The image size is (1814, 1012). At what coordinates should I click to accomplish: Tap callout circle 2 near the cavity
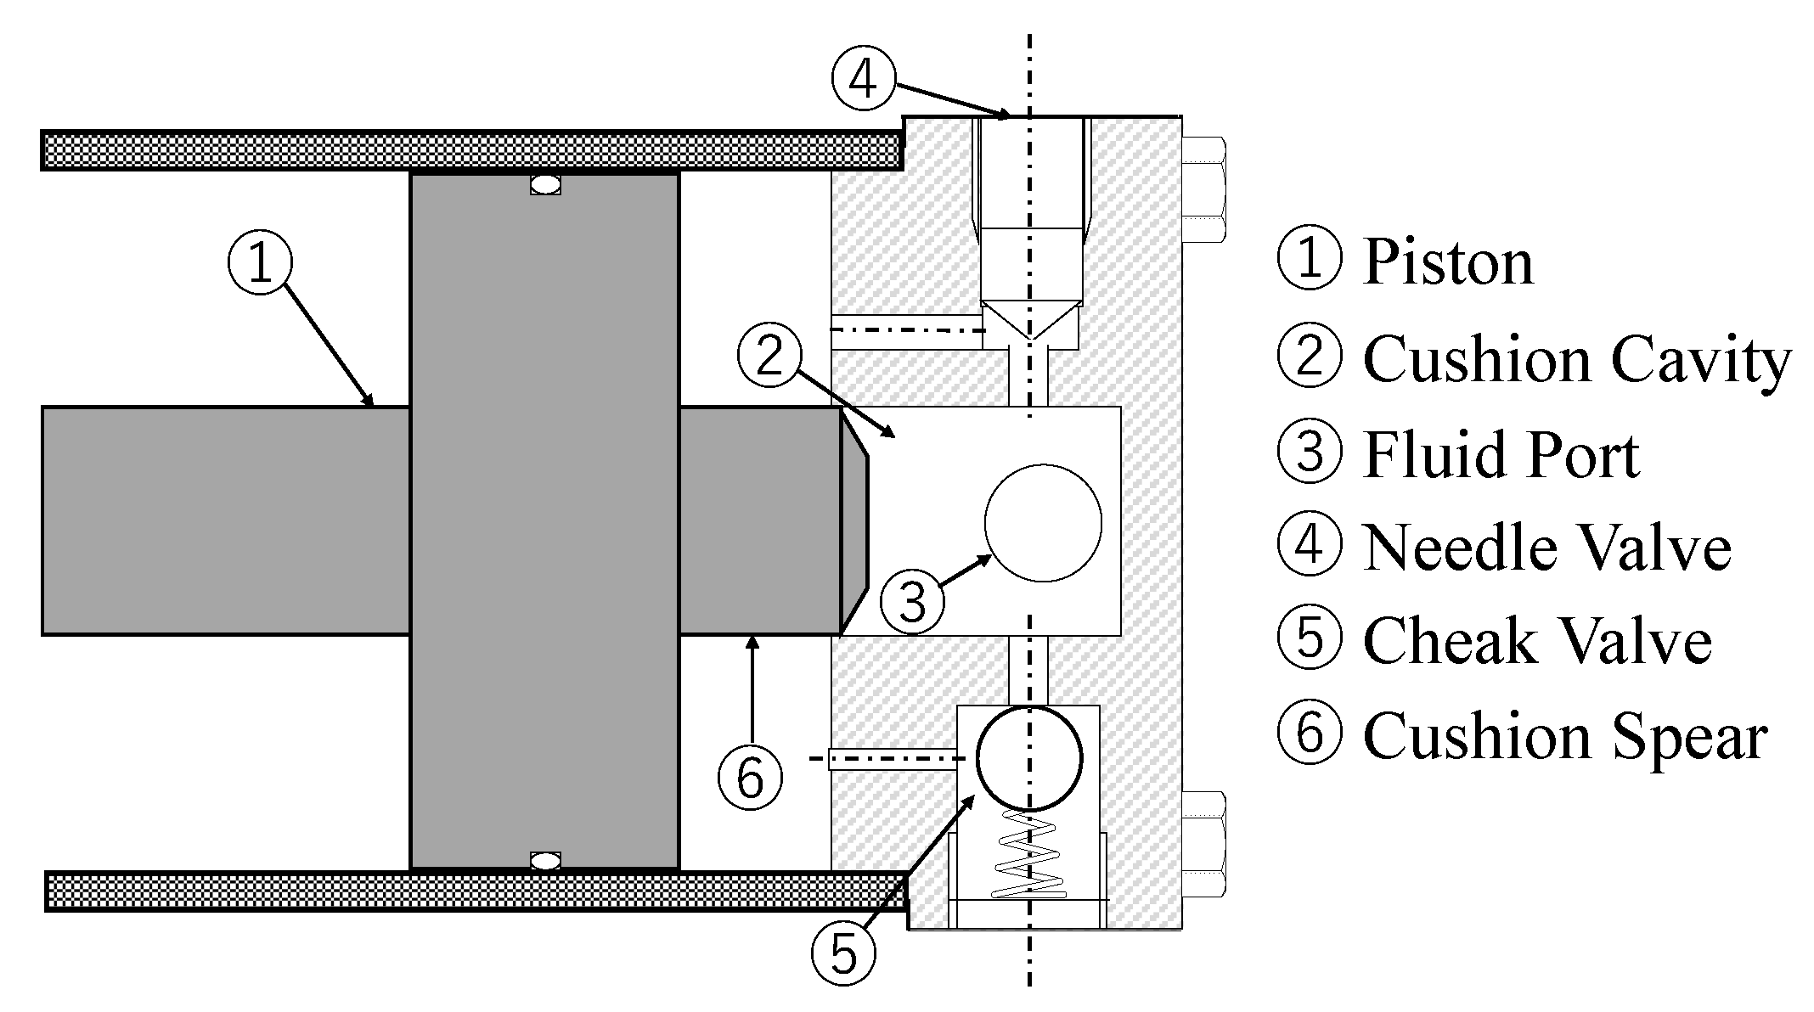[x=769, y=355]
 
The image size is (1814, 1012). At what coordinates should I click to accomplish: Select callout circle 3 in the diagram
[x=912, y=602]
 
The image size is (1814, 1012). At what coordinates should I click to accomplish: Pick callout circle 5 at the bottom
[x=843, y=953]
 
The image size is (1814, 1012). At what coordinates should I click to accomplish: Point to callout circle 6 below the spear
[x=750, y=777]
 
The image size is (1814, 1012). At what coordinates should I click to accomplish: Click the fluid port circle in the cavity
[x=1043, y=523]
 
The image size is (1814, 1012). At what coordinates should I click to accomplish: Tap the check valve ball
[x=1029, y=758]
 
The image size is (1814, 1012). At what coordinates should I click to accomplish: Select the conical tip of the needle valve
[x=1030, y=319]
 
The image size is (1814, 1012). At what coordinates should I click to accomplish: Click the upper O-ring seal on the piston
[x=545, y=183]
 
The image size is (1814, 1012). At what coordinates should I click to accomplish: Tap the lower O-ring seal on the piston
[x=545, y=861]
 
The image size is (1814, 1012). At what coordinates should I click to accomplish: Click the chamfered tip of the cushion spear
[x=854, y=521]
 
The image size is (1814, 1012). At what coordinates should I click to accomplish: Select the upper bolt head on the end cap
[x=1203, y=190]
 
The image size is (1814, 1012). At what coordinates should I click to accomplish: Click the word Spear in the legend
[x=1686, y=737]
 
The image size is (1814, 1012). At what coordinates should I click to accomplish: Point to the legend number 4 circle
[x=1310, y=546]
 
